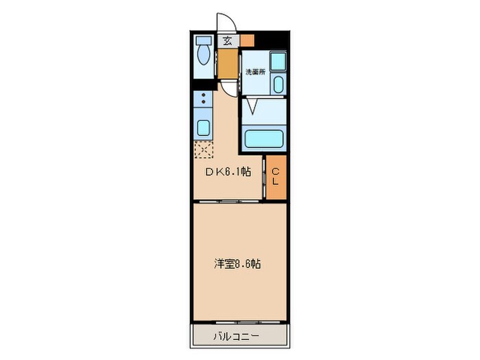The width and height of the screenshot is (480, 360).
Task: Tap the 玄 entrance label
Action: click(x=227, y=40)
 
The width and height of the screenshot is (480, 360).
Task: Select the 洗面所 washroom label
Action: click(x=255, y=72)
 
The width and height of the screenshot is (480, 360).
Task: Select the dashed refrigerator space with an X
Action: click(x=204, y=149)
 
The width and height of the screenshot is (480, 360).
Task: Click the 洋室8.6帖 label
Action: click(x=237, y=263)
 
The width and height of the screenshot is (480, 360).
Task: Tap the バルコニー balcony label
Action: click(x=237, y=336)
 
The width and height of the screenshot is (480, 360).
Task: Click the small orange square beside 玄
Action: click(x=246, y=40)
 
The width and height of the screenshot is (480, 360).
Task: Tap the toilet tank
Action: click(x=203, y=40)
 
